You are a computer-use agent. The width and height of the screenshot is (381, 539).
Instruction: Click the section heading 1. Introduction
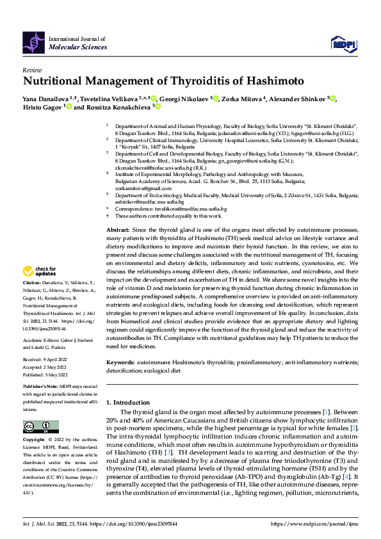[127, 402]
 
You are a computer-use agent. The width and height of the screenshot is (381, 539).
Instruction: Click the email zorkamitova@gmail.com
[136, 189]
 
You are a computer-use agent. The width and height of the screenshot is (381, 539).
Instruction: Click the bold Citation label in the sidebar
[33, 300]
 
